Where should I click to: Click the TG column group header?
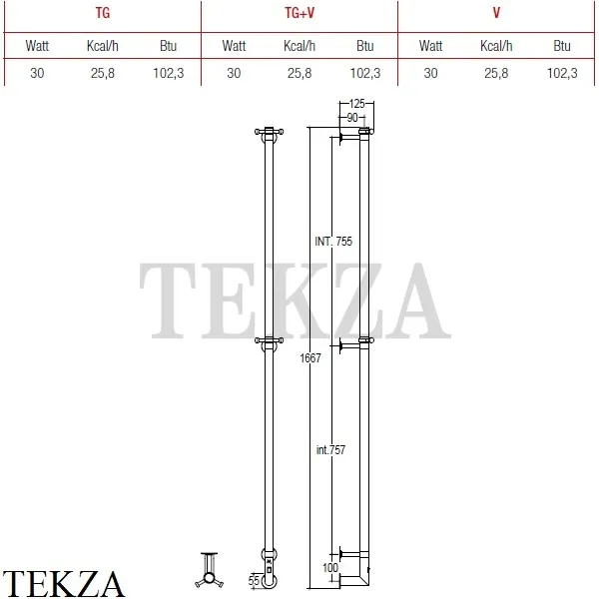click(x=103, y=13)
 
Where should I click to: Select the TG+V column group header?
click(x=299, y=13)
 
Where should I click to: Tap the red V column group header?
click(x=496, y=13)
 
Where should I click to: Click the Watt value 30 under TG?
click(x=37, y=73)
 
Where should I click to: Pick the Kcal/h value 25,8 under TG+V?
click(x=299, y=73)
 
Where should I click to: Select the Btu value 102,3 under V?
click(x=562, y=73)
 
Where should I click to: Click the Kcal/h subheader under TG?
click(x=103, y=46)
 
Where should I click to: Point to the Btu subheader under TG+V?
click(x=364, y=46)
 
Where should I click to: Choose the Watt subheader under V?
click(x=430, y=46)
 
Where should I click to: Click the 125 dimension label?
click(x=356, y=104)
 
